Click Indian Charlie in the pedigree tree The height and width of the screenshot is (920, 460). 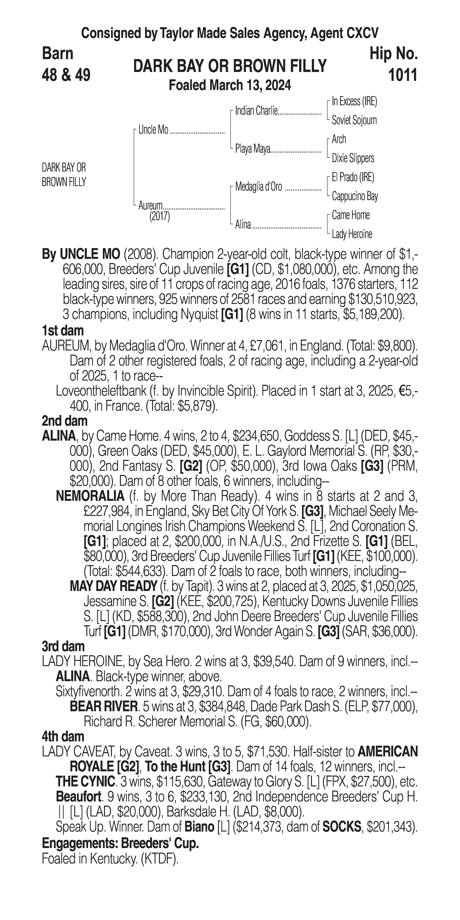point(256,111)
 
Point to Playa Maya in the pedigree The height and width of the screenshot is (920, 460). point(252,149)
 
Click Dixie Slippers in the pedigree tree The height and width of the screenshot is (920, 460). point(353,158)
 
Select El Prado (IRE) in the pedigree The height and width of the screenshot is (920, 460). point(353,177)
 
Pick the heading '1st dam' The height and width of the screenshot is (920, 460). point(63,331)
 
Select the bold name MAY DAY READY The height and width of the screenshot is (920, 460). point(113,586)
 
